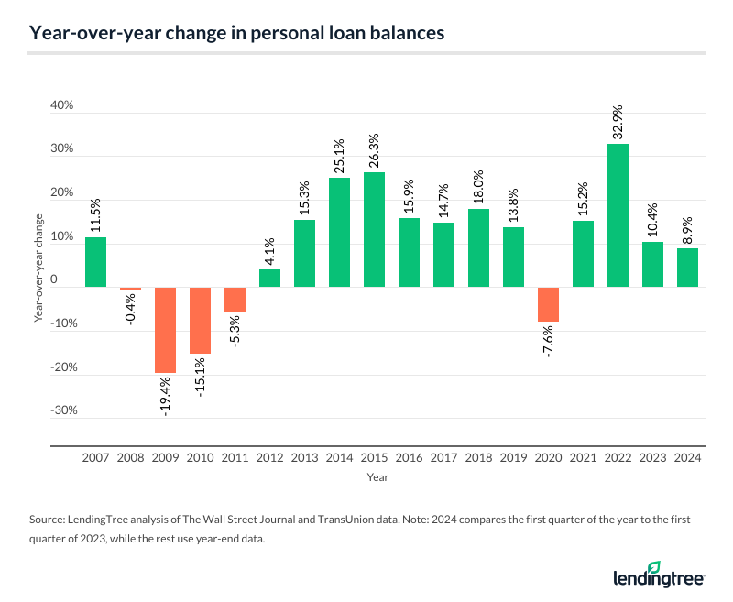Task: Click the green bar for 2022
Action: click(618, 215)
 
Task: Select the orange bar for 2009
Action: click(165, 330)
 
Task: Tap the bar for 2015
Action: click(374, 229)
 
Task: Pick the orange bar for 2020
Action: click(549, 304)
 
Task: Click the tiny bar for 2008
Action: click(130, 288)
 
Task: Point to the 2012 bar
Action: click(269, 278)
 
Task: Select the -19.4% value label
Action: click(166, 398)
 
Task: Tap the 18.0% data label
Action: click(479, 186)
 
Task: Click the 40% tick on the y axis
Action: click(62, 106)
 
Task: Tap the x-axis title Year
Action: click(377, 477)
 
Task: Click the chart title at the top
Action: click(237, 34)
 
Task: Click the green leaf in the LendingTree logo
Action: click(655, 565)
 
